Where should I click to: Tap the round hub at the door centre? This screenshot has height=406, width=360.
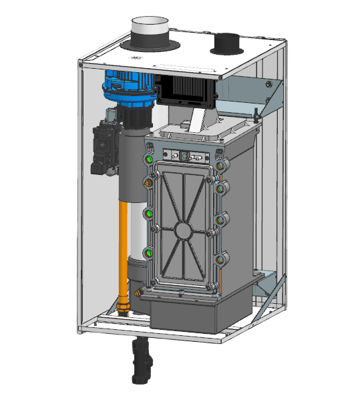click(x=182, y=230)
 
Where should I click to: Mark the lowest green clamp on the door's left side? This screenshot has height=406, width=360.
click(x=147, y=253)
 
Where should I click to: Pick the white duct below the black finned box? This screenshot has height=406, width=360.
click(x=198, y=120)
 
